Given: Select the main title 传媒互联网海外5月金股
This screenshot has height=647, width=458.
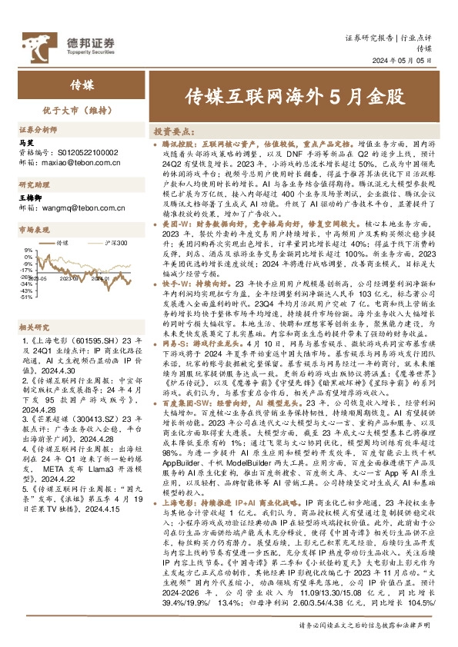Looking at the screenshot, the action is pos(295,98).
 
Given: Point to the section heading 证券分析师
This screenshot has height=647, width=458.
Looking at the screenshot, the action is pos(37,131).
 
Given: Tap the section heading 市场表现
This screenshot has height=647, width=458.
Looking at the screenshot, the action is pos(32,229).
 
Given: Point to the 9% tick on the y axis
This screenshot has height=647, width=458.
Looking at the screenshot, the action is pos(28,250).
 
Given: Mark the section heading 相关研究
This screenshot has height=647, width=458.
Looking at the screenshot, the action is pos(32,327).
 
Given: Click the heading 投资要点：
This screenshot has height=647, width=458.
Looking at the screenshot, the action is pos(176,131).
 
